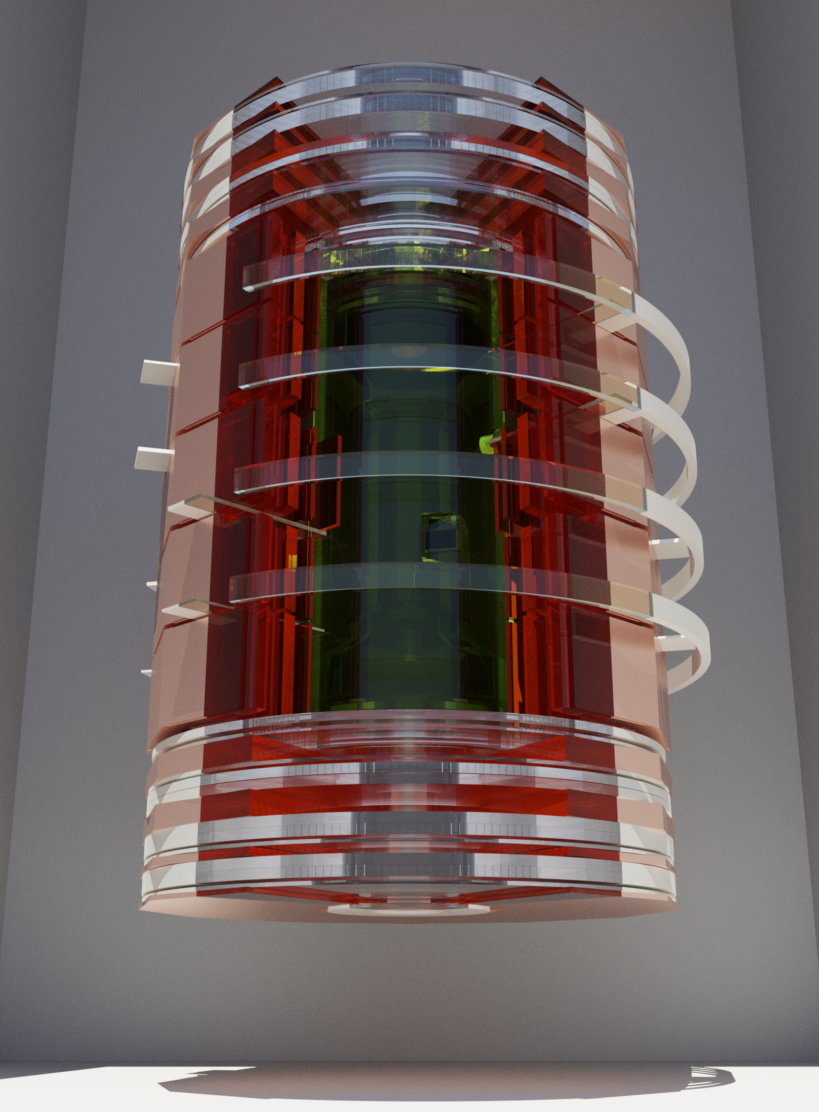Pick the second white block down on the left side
(153, 459)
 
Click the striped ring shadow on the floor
(713, 1074)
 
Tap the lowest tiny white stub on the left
(147, 673)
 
